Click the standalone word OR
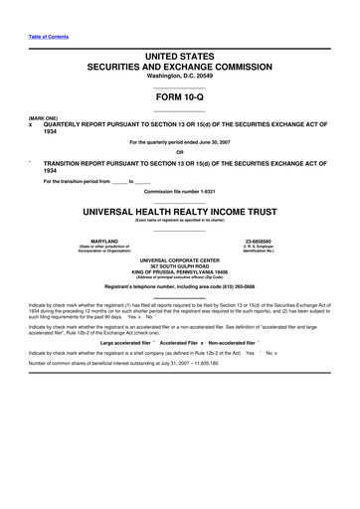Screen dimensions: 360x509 coord(179,151)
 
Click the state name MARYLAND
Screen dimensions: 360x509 coord(105,240)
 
